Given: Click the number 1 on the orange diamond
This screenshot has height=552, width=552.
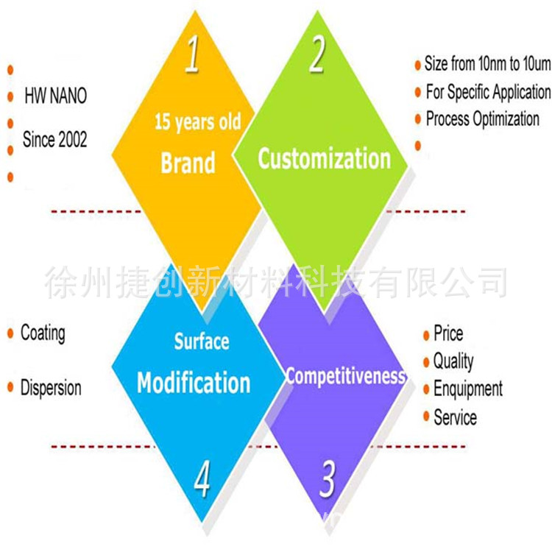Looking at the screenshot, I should click(192, 56).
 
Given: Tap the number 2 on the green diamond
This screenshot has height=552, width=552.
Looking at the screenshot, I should click(317, 56).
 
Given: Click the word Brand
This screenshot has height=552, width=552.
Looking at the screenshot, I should click(188, 163).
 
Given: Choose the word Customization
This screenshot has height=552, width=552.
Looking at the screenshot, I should click(324, 159).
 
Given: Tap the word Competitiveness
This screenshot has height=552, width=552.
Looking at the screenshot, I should click(345, 376).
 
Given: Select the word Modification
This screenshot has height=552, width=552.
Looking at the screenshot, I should click(194, 383).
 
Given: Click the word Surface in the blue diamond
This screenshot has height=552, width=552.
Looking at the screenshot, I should click(202, 342).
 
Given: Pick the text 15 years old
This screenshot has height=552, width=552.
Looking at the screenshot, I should click(197, 122).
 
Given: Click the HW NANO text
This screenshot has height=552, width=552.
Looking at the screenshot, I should click(55, 96).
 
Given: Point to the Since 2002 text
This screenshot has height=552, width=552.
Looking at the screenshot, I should click(54, 138).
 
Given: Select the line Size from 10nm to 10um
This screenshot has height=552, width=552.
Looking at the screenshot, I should click(487, 64).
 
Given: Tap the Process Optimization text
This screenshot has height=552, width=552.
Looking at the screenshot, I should click(482, 119).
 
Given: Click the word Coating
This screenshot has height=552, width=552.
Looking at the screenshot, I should click(43, 333).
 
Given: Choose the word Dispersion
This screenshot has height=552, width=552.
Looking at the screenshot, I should click(51, 388).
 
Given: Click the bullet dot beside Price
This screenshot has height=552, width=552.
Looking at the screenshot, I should click(425, 336).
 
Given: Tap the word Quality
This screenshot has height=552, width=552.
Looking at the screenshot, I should click(453, 361).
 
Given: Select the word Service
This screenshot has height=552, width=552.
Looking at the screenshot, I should click(455, 417).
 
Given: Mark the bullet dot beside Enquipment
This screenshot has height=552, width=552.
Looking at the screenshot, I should click(425, 390).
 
